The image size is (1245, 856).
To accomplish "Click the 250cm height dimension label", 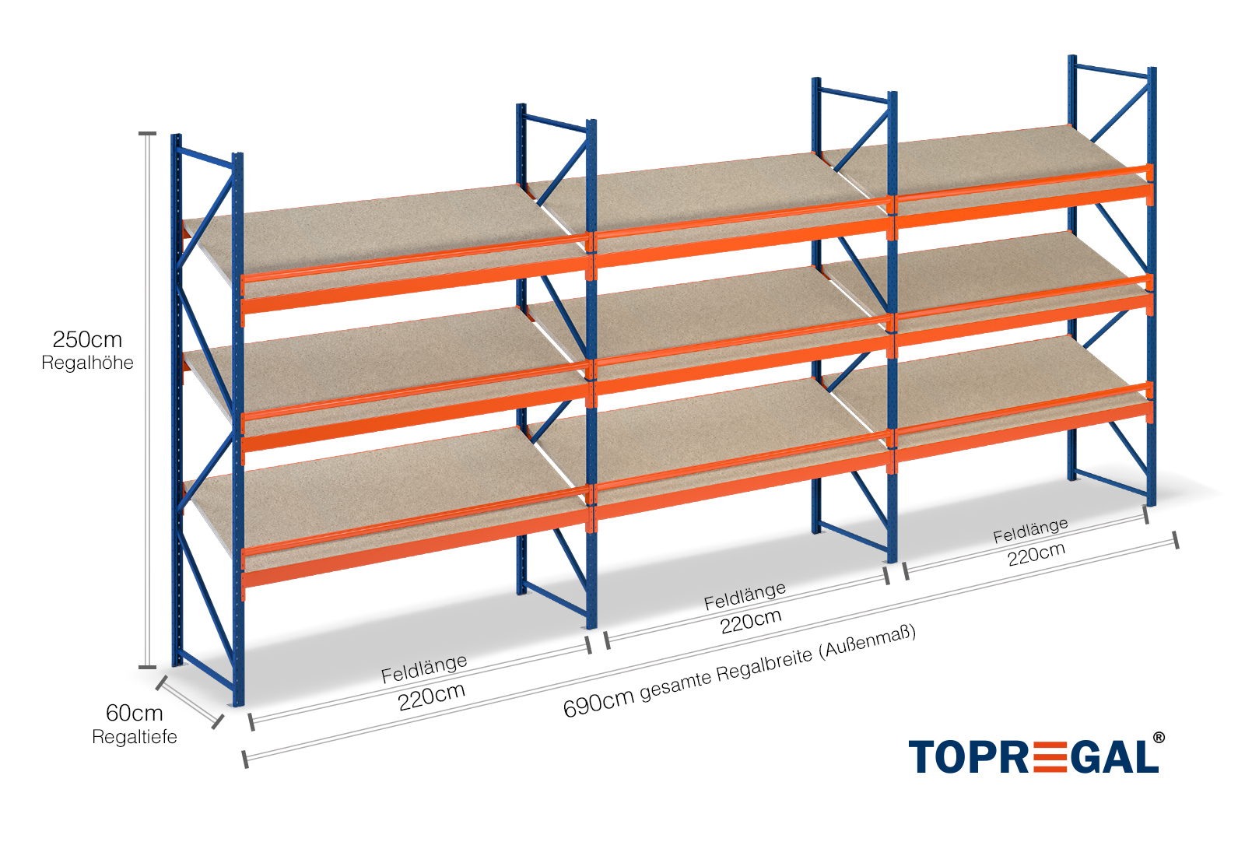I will [87, 339].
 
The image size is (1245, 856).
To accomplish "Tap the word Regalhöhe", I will [87, 363].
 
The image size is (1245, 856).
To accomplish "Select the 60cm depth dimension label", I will [134, 713].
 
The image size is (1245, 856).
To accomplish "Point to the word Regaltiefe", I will [134, 737].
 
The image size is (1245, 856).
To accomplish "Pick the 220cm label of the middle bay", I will [750, 621].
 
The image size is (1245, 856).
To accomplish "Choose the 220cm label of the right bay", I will [1036, 554].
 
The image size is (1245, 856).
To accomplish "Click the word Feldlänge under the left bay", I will [424, 668].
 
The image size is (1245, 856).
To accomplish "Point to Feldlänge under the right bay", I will [1030, 531].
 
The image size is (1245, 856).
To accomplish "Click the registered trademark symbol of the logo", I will [1159, 738].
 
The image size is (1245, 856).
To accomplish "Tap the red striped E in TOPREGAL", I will [1051, 757].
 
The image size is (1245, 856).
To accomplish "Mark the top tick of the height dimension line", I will [147, 134].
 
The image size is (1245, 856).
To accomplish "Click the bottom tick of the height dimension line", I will [147, 667].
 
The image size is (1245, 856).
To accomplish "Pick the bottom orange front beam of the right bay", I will [1023, 437].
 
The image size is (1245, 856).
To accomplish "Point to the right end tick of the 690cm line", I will [1175, 539].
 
